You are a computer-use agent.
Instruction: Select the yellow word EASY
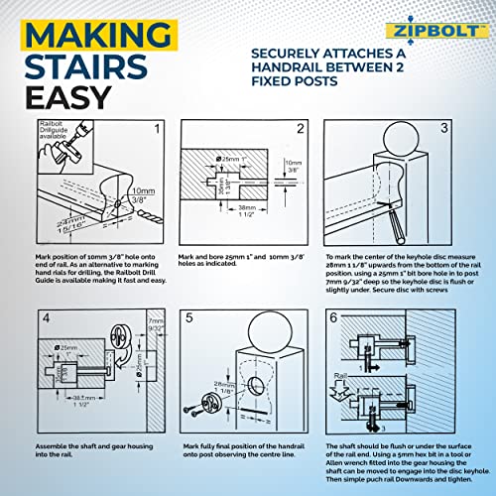[62, 100]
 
